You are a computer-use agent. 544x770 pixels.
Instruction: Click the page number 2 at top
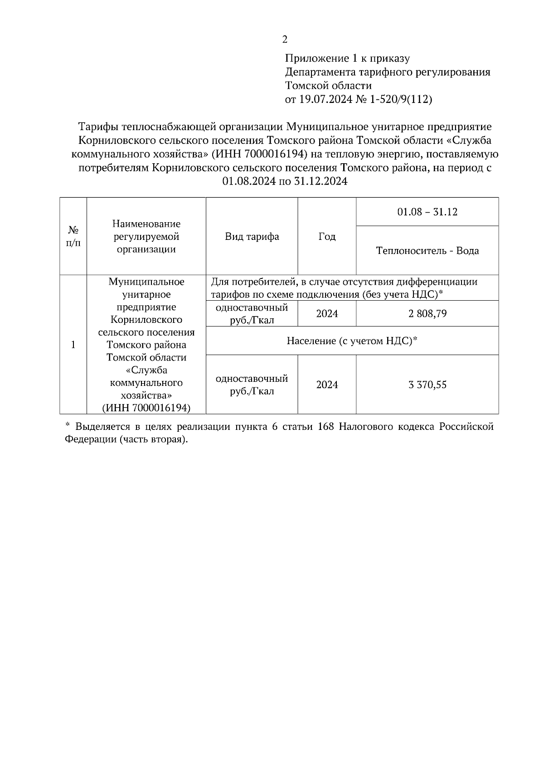[285, 39]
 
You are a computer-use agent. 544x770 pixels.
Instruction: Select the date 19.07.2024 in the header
[325, 99]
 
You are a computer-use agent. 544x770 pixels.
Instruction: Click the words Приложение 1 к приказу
[347, 58]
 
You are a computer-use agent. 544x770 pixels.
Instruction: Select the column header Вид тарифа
[252, 237]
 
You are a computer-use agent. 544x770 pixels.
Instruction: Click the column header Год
[327, 237]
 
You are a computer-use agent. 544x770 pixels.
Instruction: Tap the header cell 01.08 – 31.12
[427, 212]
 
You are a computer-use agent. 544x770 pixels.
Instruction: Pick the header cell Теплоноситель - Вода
[427, 251]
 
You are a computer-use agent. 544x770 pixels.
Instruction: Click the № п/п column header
[73, 237]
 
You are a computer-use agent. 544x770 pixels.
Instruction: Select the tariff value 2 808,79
[427, 313]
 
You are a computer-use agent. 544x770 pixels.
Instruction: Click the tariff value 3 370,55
[427, 385]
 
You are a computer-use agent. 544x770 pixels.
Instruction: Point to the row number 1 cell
[73, 345]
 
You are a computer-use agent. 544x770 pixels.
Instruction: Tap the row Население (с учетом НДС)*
[352, 341]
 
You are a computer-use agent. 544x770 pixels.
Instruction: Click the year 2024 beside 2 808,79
[327, 313]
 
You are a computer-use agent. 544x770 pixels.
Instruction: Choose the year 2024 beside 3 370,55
[327, 385]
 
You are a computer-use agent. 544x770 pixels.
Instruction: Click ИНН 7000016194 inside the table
[146, 408]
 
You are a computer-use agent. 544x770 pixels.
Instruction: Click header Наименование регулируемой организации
[146, 237]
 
